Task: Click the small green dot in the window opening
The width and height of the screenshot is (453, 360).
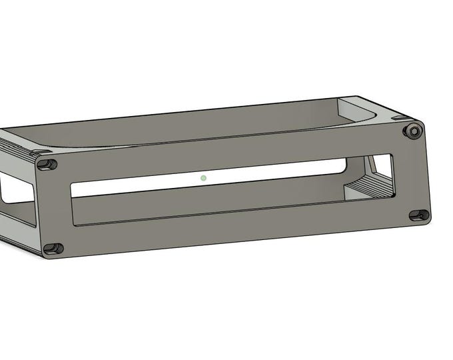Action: pos(203,178)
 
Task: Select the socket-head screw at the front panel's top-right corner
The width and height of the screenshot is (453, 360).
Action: pos(412,129)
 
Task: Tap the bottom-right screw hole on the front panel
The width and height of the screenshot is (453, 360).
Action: pos(419,215)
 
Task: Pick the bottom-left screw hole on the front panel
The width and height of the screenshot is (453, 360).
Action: pos(53,249)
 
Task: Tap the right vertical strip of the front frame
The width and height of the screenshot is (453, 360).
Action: pos(408,173)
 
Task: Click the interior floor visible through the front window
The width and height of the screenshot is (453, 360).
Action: pos(213,200)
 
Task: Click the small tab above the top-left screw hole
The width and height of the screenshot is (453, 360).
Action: pos(33,153)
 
